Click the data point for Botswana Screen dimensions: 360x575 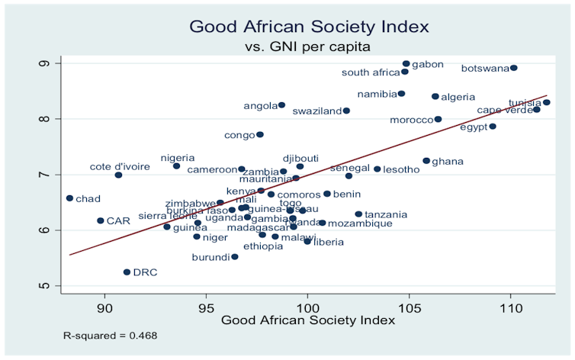[x=513, y=68]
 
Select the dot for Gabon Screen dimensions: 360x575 [x=406, y=64]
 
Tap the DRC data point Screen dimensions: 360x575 [x=127, y=272]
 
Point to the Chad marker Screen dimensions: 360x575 [x=69, y=198]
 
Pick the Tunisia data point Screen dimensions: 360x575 [x=546, y=102]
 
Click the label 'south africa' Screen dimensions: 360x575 [x=370, y=73]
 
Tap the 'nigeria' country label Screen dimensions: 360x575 [x=178, y=158]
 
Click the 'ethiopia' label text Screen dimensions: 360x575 [x=263, y=246]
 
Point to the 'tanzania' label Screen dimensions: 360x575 [x=386, y=215]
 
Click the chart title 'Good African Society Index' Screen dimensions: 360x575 [x=310, y=27]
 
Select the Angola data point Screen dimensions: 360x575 [x=281, y=105]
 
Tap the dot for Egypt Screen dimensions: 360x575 [x=493, y=127]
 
